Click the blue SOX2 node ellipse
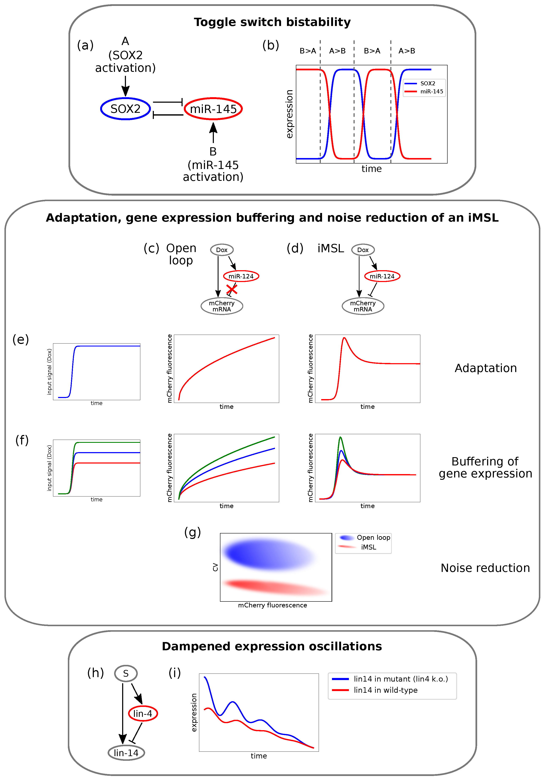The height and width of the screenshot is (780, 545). point(125,109)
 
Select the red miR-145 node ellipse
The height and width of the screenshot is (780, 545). point(213,109)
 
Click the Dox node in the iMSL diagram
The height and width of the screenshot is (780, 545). point(363,250)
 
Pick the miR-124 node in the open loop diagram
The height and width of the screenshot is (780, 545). point(241,276)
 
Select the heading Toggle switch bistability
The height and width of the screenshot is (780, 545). point(272,22)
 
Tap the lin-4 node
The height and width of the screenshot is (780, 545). point(143,713)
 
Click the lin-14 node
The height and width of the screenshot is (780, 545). point(126,753)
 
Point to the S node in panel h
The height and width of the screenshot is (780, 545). point(126,673)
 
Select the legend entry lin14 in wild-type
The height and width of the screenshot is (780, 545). point(385,690)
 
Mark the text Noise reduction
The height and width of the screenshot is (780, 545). point(485,568)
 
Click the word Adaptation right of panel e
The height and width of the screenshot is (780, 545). point(486,368)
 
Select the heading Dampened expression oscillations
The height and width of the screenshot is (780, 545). point(272,646)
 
